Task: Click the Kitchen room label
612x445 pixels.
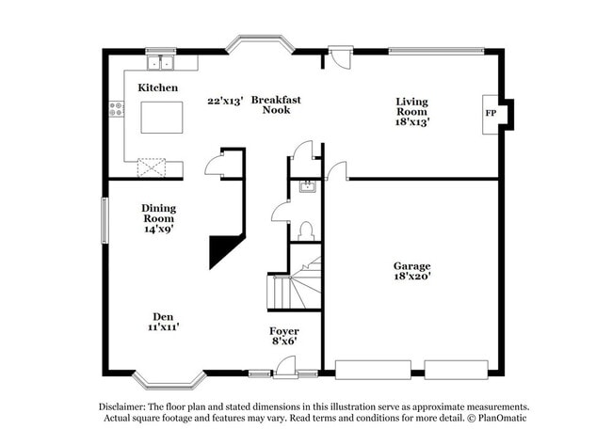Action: coord(158,87)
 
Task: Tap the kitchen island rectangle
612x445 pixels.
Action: coord(161,117)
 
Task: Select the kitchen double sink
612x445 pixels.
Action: coord(160,63)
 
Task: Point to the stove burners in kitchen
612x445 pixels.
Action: coord(117,110)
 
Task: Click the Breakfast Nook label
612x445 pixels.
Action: coord(276,104)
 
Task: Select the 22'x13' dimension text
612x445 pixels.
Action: coord(225,99)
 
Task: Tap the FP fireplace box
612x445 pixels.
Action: coord(491,113)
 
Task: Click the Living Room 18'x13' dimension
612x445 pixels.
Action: coord(411,121)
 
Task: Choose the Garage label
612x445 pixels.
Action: coord(411,266)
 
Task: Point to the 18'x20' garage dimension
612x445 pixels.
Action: coord(411,278)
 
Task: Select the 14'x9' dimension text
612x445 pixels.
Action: coord(159,229)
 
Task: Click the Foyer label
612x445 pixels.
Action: coord(283,331)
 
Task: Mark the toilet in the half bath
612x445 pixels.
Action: coord(305,230)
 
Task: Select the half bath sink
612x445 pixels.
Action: coord(305,186)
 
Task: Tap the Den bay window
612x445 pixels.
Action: coord(169,379)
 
